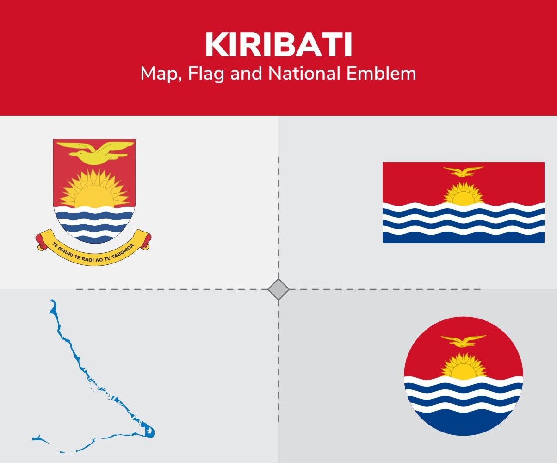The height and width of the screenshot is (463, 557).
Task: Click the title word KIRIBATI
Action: tap(278, 45)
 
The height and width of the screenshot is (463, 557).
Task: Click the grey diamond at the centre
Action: tap(278, 289)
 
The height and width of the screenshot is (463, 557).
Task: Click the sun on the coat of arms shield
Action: tap(94, 192)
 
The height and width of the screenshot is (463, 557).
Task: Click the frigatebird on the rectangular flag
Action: tap(463, 171)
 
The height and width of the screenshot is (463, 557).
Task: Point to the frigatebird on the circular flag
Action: tap(463, 341)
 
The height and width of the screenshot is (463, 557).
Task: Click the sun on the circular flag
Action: tap(463, 368)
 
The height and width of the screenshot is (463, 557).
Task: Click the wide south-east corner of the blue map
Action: tap(149, 431)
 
